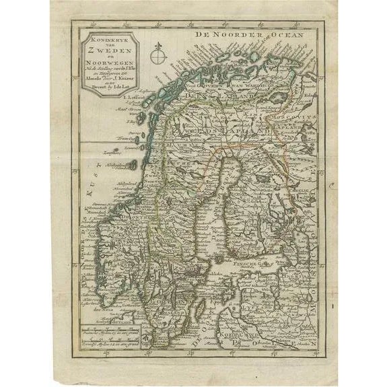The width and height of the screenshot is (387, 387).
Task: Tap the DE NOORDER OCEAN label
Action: point(248,34)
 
